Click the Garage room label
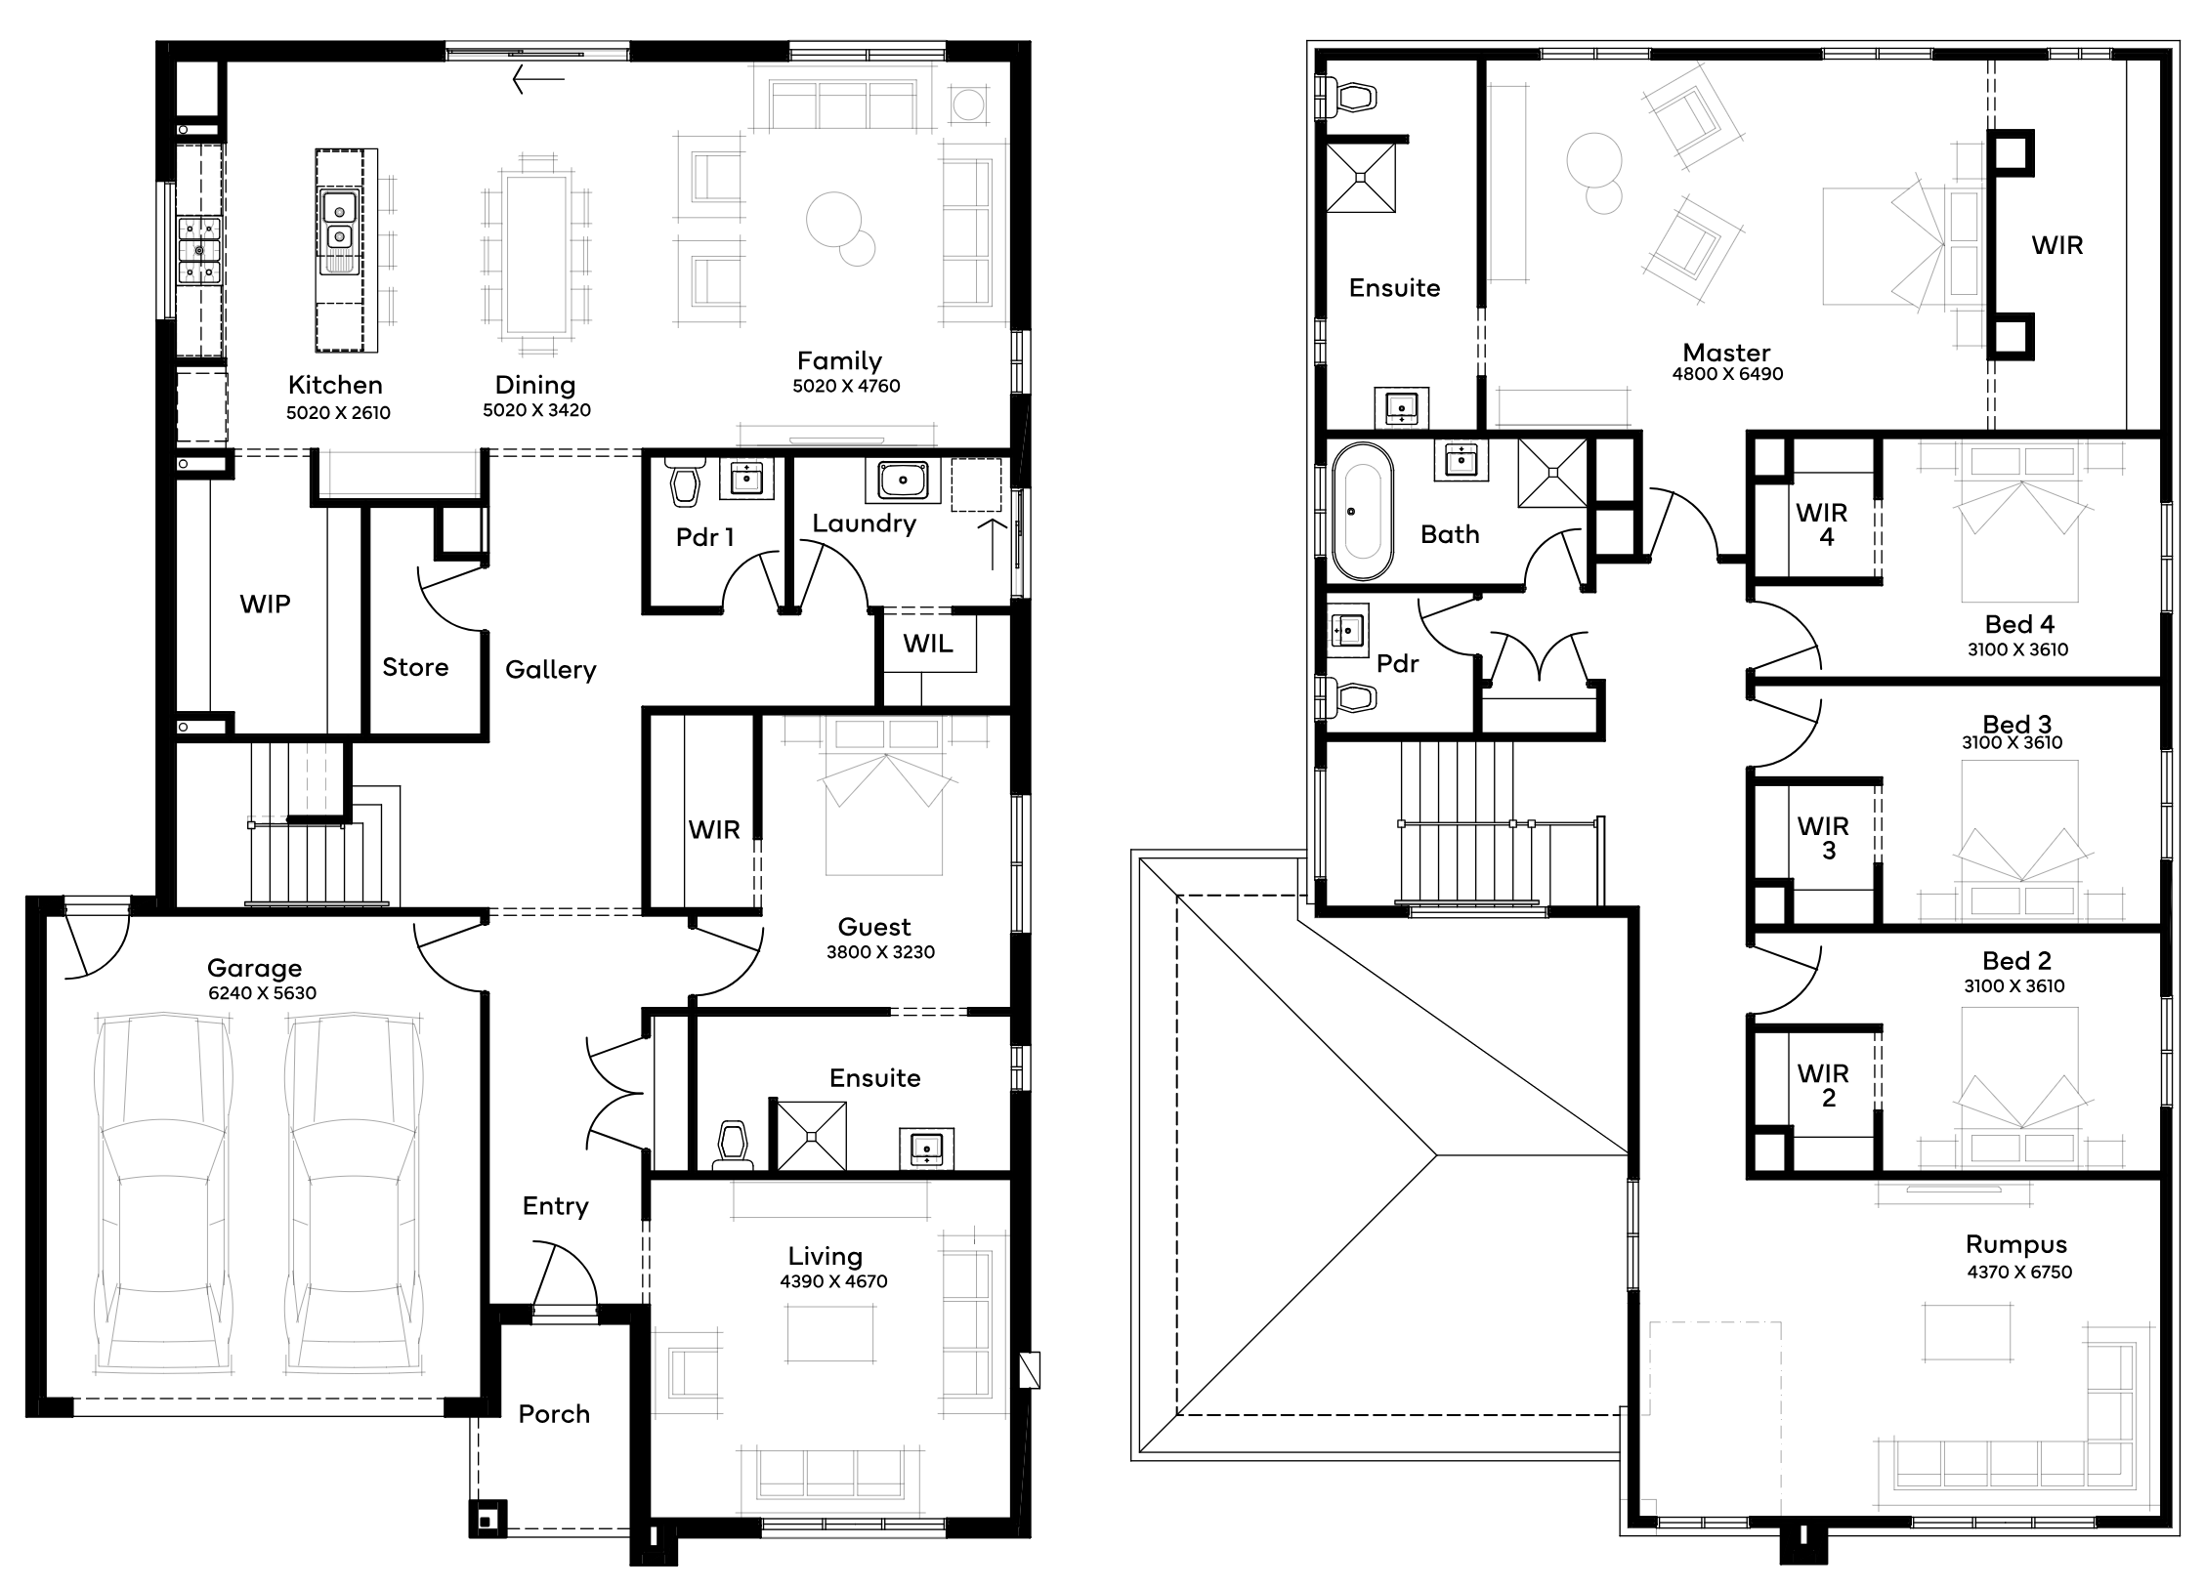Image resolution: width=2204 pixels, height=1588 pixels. (254, 968)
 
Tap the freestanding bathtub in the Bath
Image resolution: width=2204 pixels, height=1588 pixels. (1362, 512)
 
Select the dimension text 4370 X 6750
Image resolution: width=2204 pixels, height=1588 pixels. (2019, 1272)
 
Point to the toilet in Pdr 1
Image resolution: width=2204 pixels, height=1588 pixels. (687, 482)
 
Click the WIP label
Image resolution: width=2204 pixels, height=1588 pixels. (265, 604)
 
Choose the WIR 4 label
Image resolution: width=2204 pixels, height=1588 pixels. (1822, 524)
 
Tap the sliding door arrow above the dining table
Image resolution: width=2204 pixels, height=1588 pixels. (538, 79)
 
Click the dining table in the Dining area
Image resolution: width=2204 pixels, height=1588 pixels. (536, 254)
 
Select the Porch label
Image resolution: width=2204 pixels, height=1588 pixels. (554, 1414)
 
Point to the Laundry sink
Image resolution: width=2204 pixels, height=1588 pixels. (904, 481)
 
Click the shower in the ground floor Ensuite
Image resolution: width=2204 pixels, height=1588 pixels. (811, 1136)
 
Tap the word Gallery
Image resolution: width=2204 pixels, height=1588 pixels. (550, 669)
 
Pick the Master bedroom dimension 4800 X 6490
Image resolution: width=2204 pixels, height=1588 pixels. (1727, 374)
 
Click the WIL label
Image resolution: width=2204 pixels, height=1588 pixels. (927, 644)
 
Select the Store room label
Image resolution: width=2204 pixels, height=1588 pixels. (415, 667)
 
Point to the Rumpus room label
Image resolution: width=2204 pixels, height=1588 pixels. (2016, 1244)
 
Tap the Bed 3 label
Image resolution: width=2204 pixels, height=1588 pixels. (2017, 724)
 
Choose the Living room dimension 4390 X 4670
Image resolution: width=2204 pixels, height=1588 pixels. (833, 1281)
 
